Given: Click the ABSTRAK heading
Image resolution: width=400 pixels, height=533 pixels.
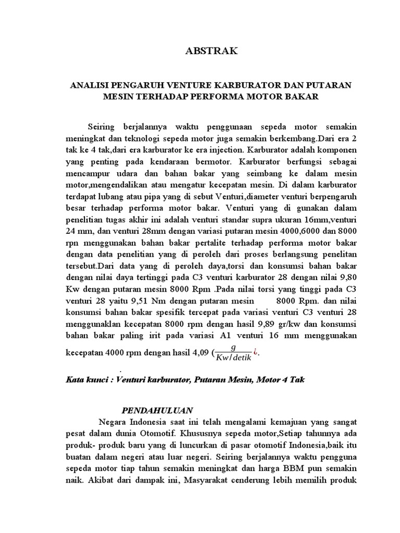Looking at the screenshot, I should [211, 50].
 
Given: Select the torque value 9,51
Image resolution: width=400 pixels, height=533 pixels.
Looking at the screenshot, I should [136, 301].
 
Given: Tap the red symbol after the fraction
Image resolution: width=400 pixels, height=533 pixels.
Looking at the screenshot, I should [256, 352].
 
